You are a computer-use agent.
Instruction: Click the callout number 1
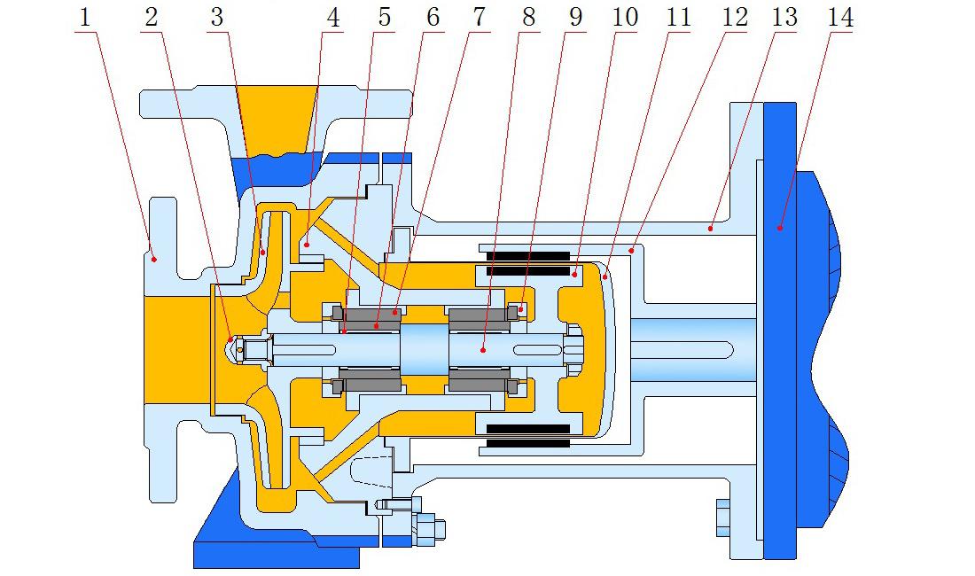pos(85,17)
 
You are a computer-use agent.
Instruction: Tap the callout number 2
pos(152,17)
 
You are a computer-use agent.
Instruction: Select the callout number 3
pos(216,17)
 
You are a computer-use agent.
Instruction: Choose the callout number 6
pos(433,17)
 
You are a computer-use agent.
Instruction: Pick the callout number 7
pos(480,17)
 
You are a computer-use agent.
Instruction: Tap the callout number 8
pos(529,17)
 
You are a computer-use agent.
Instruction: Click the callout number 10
pos(625,17)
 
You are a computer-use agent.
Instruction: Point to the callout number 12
pos(735,17)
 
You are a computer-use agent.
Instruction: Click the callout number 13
pos(785,17)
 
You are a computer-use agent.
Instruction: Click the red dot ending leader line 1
pos(153,259)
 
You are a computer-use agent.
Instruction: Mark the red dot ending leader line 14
pos(780,228)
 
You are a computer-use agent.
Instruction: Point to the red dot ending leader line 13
pos(711,228)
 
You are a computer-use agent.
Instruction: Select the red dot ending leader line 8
pos(483,350)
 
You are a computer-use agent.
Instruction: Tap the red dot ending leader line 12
pos(631,251)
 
